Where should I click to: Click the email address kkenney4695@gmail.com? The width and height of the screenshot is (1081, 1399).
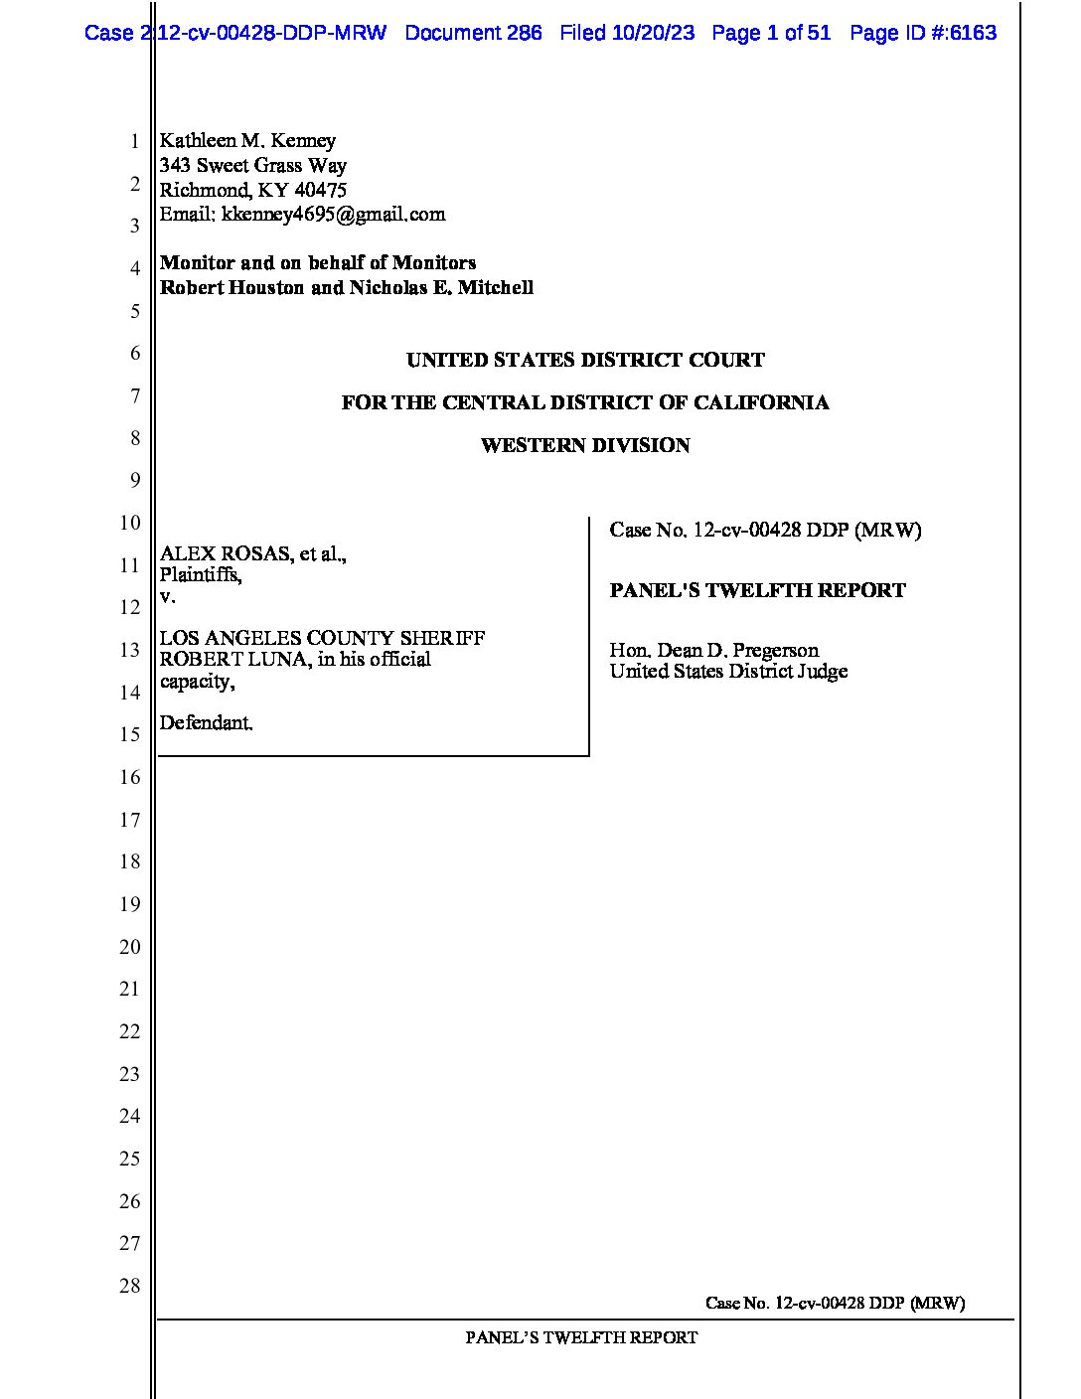pos(334,215)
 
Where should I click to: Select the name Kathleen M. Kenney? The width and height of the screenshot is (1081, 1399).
pos(247,141)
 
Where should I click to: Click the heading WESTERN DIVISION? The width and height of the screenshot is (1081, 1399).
pos(585,446)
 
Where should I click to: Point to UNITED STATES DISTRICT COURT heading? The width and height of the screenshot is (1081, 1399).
pos(585,361)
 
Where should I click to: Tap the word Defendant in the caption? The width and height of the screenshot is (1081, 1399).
pos(206,723)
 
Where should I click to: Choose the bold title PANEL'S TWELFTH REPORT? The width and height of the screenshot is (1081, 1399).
pos(757,591)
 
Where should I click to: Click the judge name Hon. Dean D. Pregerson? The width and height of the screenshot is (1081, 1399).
pos(713,651)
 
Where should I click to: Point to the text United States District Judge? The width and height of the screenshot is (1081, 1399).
pos(728,672)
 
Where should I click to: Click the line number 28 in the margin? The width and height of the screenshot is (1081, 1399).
pos(130,1286)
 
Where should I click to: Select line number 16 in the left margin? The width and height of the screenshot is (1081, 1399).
pos(130,777)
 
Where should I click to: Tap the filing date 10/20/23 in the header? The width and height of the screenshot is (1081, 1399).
pos(654,33)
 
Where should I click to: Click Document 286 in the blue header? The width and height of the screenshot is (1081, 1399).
pos(474,33)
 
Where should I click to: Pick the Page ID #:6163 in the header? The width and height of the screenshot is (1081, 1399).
pos(923,33)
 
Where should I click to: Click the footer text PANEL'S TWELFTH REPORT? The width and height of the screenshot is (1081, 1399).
pos(581,1338)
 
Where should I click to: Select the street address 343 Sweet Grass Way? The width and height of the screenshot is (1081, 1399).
pos(253,166)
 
